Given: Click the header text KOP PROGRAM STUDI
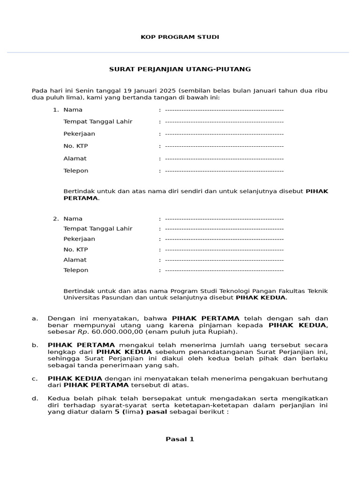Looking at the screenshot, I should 180,37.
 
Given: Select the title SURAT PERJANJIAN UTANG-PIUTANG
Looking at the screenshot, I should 180,69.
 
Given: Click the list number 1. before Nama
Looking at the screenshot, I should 55,110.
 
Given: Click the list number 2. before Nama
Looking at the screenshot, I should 55,218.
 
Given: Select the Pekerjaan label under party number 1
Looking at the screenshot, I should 79,134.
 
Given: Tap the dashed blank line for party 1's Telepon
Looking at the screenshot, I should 224,171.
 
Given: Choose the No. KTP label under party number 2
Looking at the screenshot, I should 75,249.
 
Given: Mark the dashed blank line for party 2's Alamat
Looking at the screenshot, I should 224,260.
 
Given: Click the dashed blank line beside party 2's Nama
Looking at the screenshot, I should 224,218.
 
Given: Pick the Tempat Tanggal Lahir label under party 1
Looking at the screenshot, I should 98,122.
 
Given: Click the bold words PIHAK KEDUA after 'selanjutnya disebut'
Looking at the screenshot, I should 260,298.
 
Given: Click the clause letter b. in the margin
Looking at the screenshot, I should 35,345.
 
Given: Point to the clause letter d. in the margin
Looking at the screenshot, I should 35,399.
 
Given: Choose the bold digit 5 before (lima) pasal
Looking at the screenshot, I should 117,412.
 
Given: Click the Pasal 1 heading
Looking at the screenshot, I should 180,439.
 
